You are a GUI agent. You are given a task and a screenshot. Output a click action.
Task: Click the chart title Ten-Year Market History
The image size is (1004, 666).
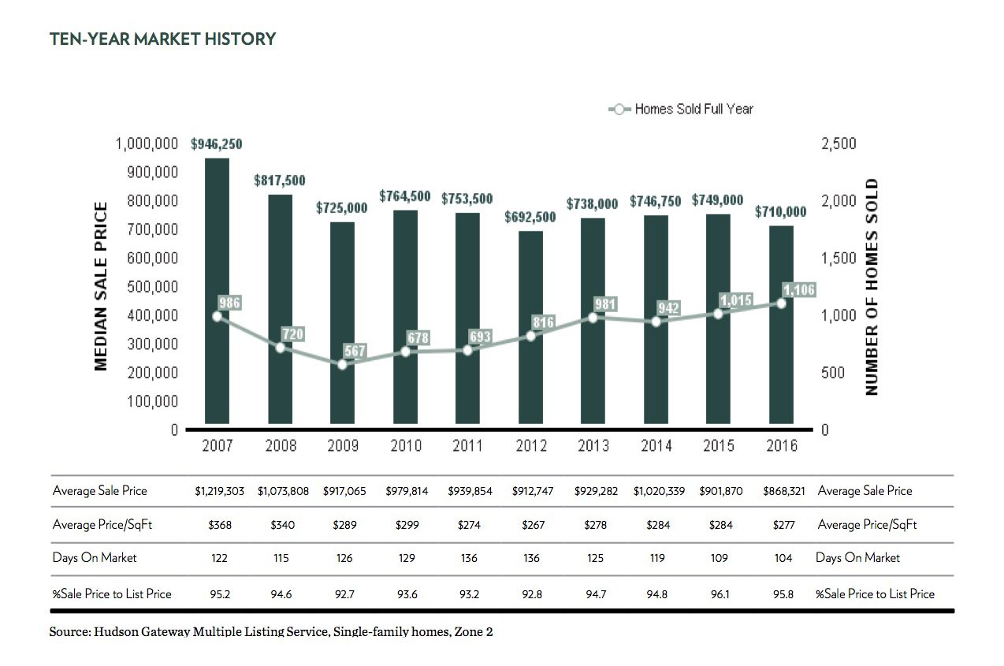pos(162,39)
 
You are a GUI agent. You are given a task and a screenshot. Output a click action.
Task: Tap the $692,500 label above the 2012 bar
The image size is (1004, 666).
pos(531,217)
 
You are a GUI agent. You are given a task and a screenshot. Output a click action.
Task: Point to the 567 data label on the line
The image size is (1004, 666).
pos(355,351)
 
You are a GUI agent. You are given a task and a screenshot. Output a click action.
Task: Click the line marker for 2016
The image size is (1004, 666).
pos(781,303)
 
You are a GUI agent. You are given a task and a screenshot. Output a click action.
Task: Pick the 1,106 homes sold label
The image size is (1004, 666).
pos(799,290)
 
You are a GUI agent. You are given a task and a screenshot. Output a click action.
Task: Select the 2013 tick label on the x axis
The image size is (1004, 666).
pos(593,446)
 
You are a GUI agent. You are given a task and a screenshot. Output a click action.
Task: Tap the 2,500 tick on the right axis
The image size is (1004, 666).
pos(838,144)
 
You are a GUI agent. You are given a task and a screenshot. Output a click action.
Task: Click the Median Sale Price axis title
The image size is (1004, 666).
pos(101,287)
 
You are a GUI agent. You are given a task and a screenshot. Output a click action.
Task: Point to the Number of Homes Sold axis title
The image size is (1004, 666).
pos(872,287)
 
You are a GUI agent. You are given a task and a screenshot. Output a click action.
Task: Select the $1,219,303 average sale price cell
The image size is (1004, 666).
pos(220,491)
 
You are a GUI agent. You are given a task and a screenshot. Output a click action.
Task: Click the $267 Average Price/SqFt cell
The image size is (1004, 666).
pos(533,525)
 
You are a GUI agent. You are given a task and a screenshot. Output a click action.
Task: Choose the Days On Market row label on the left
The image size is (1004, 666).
pos(95,558)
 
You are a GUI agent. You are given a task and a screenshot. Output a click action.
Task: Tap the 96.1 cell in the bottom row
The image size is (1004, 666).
pos(719,593)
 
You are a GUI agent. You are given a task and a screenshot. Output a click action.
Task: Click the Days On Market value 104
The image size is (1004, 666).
pos(783,558)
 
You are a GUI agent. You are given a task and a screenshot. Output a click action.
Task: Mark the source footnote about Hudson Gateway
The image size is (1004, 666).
pos(271,632)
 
